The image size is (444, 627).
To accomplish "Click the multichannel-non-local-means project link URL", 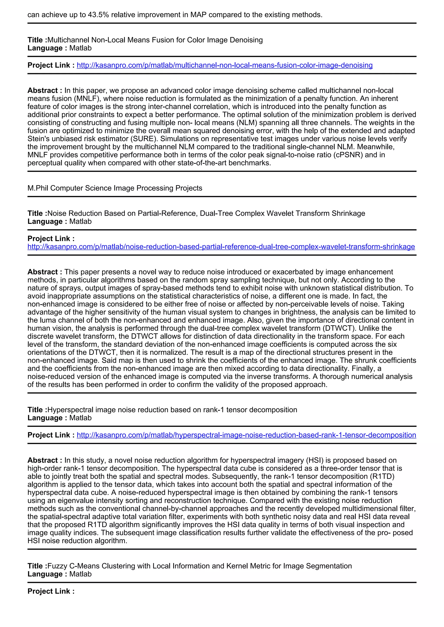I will click(x=224, y=65).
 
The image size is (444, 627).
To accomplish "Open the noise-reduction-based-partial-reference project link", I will click(x=221, y=247).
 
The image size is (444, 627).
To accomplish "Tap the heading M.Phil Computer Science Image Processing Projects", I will click(x=115, y=188).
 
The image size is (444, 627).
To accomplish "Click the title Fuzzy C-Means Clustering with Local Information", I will click(x=200, y=566).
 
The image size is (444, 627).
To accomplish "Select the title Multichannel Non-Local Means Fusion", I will click(x=155, y=40).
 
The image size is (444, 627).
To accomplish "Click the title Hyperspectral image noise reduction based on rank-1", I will click(x=172, y=410).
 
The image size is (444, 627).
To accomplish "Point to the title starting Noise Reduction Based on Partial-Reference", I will click(x=206, y=213).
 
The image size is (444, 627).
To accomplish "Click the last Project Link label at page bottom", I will click(x=51, y=591).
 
